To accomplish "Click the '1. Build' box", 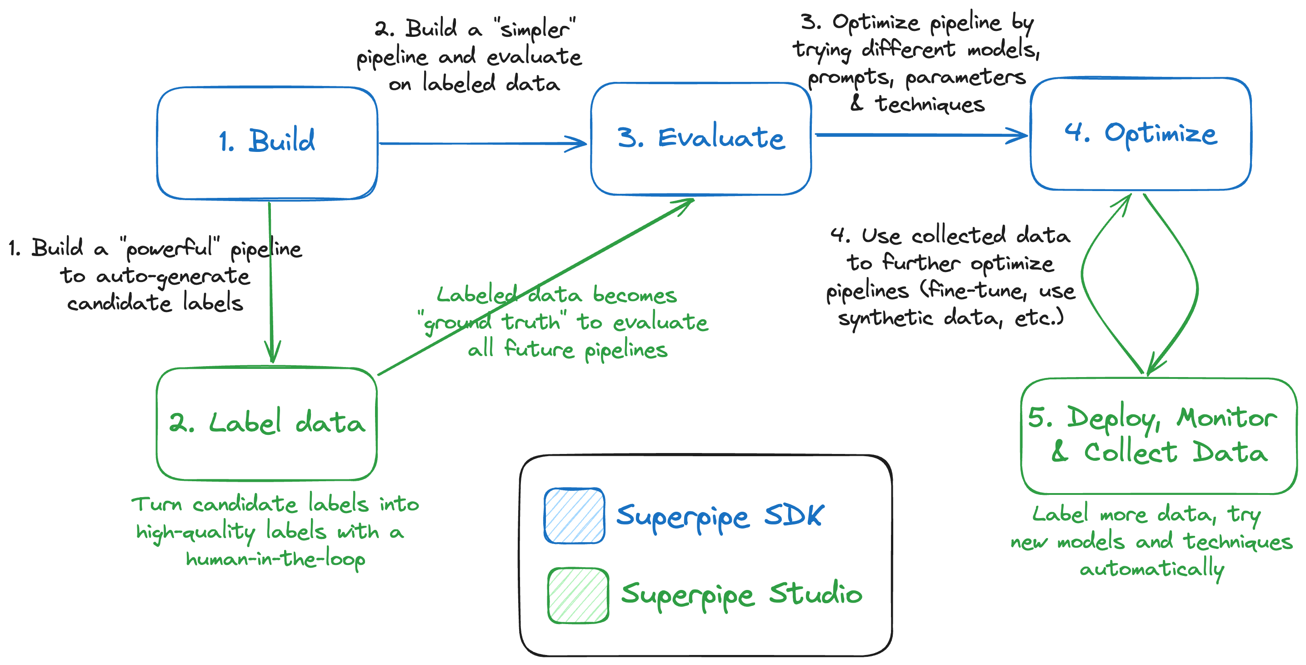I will (267, 142).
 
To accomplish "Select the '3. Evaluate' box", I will (701, 138).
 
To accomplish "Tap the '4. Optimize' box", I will (1140, 134).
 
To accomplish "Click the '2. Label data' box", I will (267, 423).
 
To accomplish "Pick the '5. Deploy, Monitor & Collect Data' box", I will (1158, 436).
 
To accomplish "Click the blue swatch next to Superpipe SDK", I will (574, 515).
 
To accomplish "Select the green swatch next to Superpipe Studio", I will (577, 595).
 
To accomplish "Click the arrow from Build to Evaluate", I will (482, 144).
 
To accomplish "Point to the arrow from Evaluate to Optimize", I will (920, 135).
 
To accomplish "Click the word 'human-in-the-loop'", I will (275, 559).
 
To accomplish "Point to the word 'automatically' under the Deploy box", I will (1152, 569).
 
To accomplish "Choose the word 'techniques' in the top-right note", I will (930, 104).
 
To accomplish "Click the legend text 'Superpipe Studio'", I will (741, 594).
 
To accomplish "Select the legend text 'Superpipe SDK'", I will (720, 516).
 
